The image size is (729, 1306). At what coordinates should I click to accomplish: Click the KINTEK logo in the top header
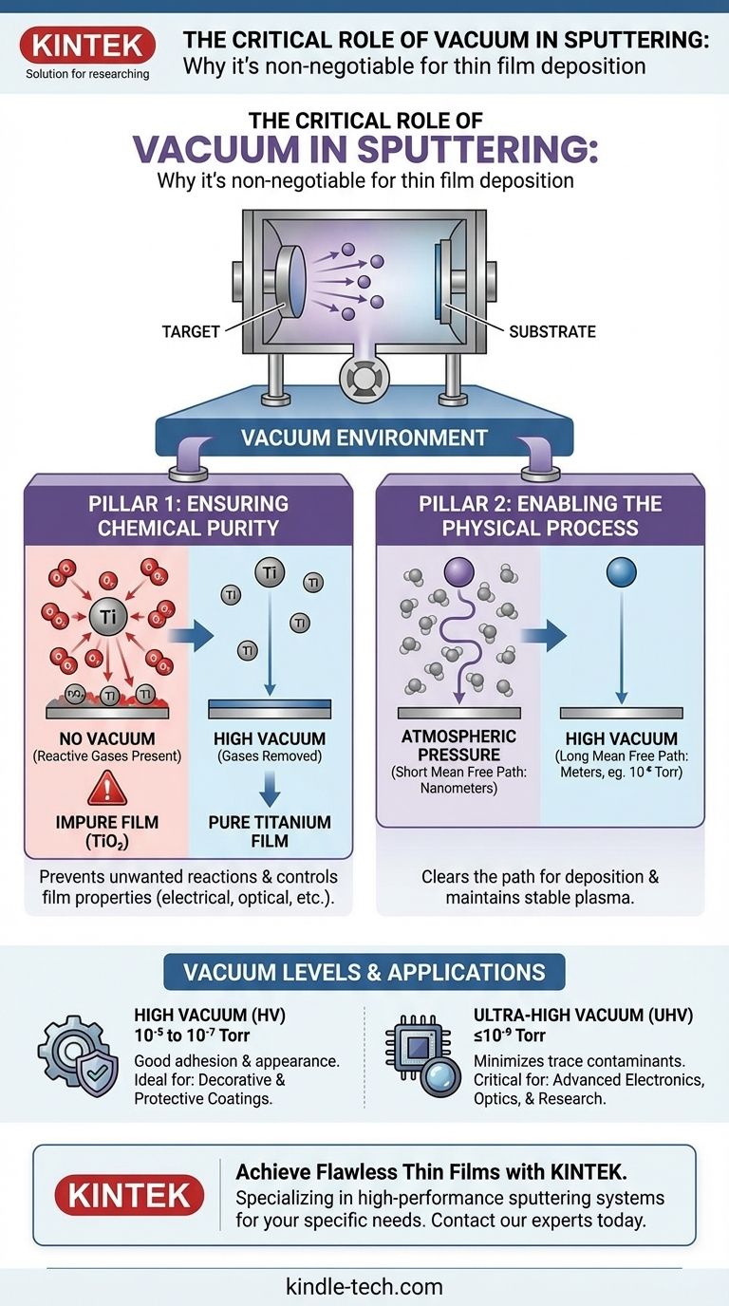pyautogui.click(x=86, y=45)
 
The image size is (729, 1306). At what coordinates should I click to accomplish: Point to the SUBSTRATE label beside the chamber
pyautogui.click(x=551, y=331)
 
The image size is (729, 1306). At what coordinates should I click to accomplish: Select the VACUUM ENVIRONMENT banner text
pyautogui.click(x=364, y=438)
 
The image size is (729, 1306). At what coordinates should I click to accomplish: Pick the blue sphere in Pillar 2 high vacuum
pyautogui.click(x=621, y=571)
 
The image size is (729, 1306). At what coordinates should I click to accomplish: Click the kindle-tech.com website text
pyautogui.click(x=364, y=1286)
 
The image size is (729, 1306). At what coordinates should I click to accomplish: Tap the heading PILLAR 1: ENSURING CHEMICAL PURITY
pyautogui.click(x=188, y=515)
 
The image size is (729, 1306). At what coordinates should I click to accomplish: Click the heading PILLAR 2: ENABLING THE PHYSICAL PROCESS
pyautogui.click(x=540, y=515)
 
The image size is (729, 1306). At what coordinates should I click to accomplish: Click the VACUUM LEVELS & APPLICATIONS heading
pyautogui.click(x=364, y=972)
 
